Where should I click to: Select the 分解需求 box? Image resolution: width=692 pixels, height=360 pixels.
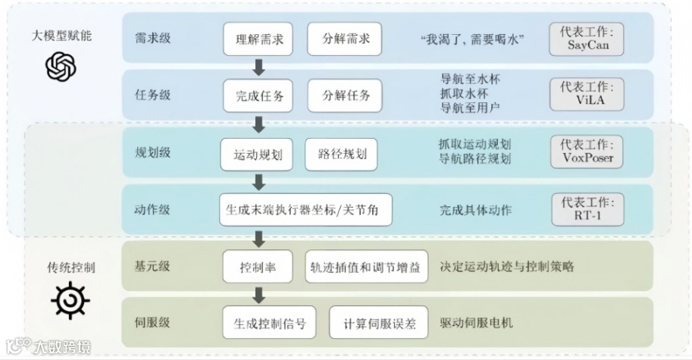(345, 39)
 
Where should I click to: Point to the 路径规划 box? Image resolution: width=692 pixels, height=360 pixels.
(342, 154)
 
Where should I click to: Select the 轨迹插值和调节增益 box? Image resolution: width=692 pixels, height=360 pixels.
(367, 266)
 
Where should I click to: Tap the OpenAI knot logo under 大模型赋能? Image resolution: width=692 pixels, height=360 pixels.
(61, 67)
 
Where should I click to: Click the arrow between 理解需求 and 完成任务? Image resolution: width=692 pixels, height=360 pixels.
(259, 67)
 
